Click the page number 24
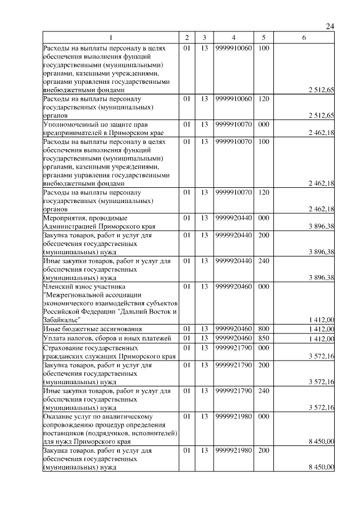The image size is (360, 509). coord(330,26)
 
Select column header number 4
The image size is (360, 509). coord(233,38)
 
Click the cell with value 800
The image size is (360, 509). coord(263,328)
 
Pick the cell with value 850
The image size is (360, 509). coord(263,338)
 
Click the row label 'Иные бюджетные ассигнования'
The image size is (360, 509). coord(92,328)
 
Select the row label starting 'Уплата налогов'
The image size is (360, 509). coord(106,338)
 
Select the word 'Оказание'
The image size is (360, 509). coord(57,416)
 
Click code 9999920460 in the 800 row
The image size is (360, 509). coord(233,328)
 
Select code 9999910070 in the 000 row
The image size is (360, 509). coord(233,124)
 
